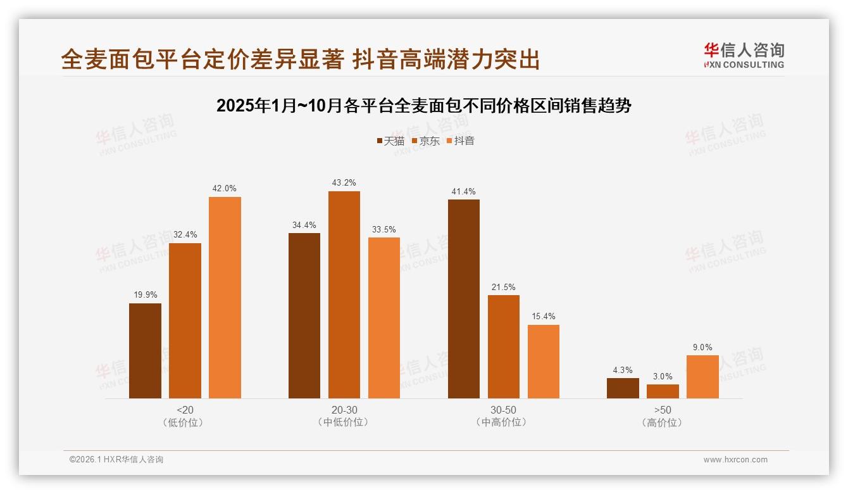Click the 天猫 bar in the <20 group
[145, 351]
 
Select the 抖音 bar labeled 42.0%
[225, 298]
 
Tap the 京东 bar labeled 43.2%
[344, 294]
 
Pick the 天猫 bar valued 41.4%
[464, 299]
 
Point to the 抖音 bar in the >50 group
[702, 377]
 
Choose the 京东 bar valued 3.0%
[663, 391]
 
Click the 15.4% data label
[544, 317]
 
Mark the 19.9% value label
[145, 295]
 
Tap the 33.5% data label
[384, 229]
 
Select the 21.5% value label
[504, 287]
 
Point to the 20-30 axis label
[344, 410]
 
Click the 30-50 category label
[503, 410]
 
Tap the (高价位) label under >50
[663, 422]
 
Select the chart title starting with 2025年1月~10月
[423, 106]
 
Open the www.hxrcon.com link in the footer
[735, 460]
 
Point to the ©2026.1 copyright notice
[116, 460]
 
